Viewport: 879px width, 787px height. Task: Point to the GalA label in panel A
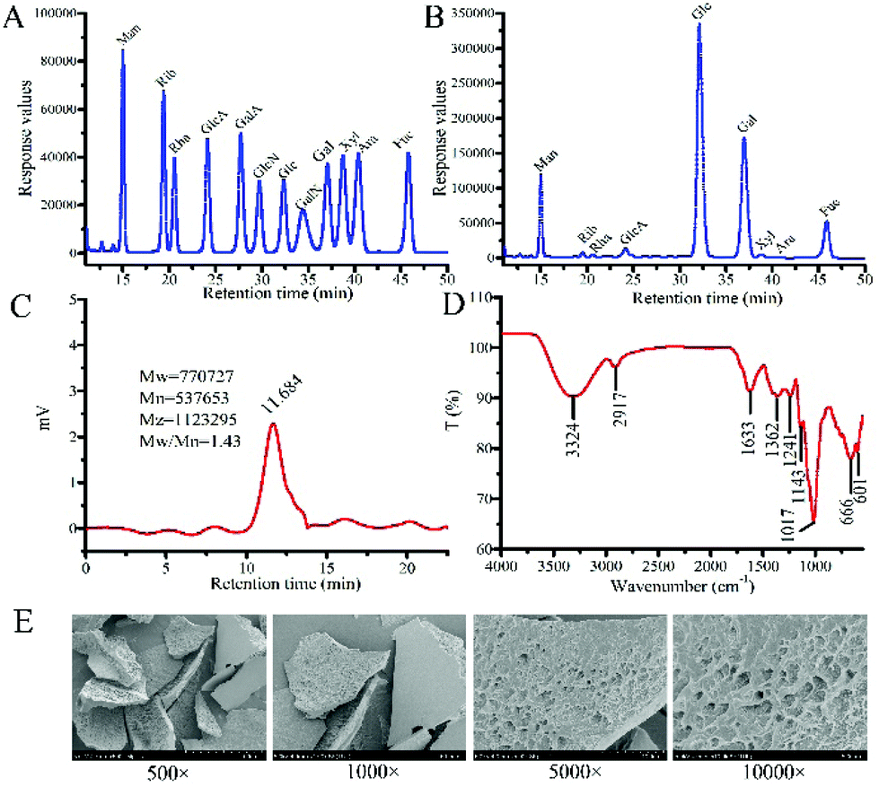pos(243,121)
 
